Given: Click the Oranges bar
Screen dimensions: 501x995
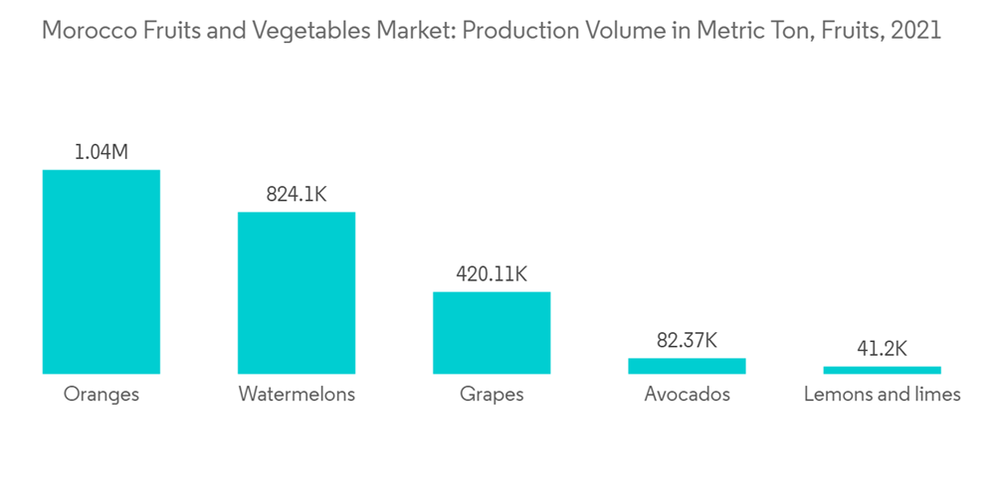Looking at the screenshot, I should [x=100, y=271].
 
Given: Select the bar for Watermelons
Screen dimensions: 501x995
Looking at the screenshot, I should [x=296, y=292].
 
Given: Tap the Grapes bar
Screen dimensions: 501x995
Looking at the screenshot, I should [x=492, y=332].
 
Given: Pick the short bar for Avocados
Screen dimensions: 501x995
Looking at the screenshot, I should [x=687, y=366].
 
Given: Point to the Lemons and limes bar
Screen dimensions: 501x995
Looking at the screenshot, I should [x=882, y=370].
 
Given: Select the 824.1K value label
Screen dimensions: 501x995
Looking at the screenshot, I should [x=296, y=195].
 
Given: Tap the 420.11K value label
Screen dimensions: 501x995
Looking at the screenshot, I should [x=492, y=274].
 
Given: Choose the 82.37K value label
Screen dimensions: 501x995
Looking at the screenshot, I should [x=687, y=340].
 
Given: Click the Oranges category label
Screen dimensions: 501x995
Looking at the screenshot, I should [x=100, y=395].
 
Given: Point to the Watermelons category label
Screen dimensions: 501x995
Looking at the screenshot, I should [x=297, y=395].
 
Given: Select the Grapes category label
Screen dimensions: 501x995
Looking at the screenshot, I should [x=492, y=395].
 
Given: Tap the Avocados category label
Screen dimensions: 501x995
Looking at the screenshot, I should [x=687, y=395].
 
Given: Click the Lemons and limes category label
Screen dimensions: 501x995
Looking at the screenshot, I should [x=882, y=395].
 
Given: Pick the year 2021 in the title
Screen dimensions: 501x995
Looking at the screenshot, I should [x=916, y=31].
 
